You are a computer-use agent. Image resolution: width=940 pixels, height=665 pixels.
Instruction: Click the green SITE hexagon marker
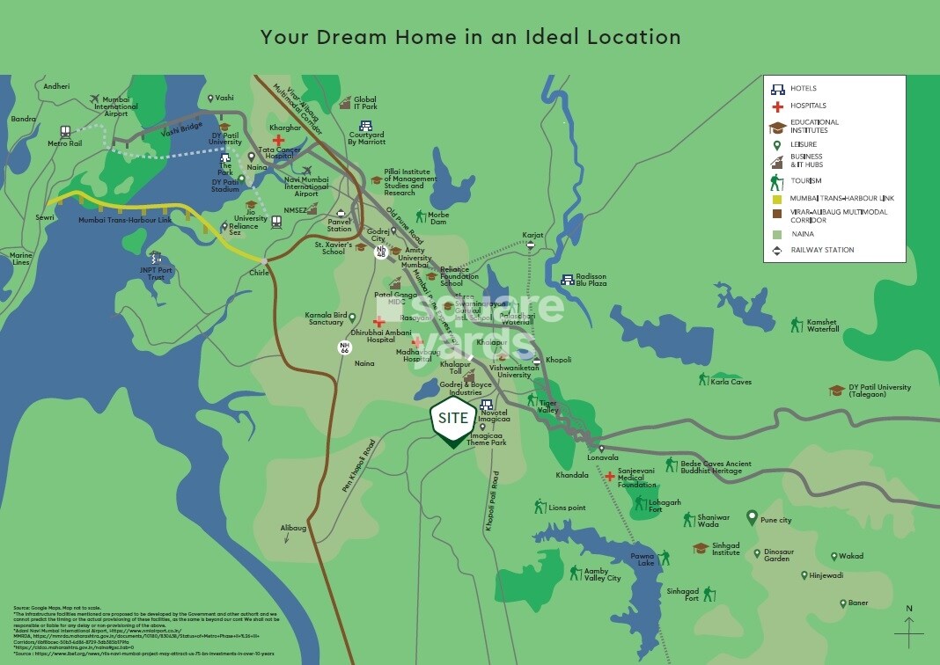(x=453, y=420)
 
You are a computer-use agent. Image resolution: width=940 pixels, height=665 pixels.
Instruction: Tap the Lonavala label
(x=604, y=457)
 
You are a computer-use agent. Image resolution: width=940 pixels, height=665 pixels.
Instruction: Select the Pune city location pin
(x=752, y=518)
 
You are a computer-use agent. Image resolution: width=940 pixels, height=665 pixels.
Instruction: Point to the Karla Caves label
(x=731, y=383)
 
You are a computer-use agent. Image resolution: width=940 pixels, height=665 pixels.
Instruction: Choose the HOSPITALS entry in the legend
(x=808, y=106)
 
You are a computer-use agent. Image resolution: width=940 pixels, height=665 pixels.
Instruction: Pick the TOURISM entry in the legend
(x=805, y=180)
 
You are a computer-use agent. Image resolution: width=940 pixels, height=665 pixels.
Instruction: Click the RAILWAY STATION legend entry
(x=822, y=250)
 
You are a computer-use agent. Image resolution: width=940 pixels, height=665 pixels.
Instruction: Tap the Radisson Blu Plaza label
(x=591, y=280)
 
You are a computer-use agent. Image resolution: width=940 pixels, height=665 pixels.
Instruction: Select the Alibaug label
(x=293, y=527)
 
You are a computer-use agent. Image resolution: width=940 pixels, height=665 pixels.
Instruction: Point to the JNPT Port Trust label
(x=156, y=274)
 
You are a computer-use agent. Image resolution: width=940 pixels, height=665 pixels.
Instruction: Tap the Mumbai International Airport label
(x=115, y=106)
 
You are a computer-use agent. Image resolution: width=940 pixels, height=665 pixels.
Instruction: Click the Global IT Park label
(x=364, y=103)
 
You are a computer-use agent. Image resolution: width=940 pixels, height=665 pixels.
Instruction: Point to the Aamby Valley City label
(x=602, y=574)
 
